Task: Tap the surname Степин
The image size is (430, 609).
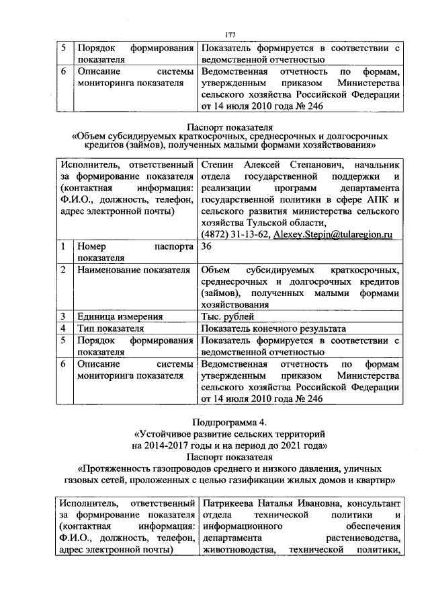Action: pyautogui.click(x=219, y=166)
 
